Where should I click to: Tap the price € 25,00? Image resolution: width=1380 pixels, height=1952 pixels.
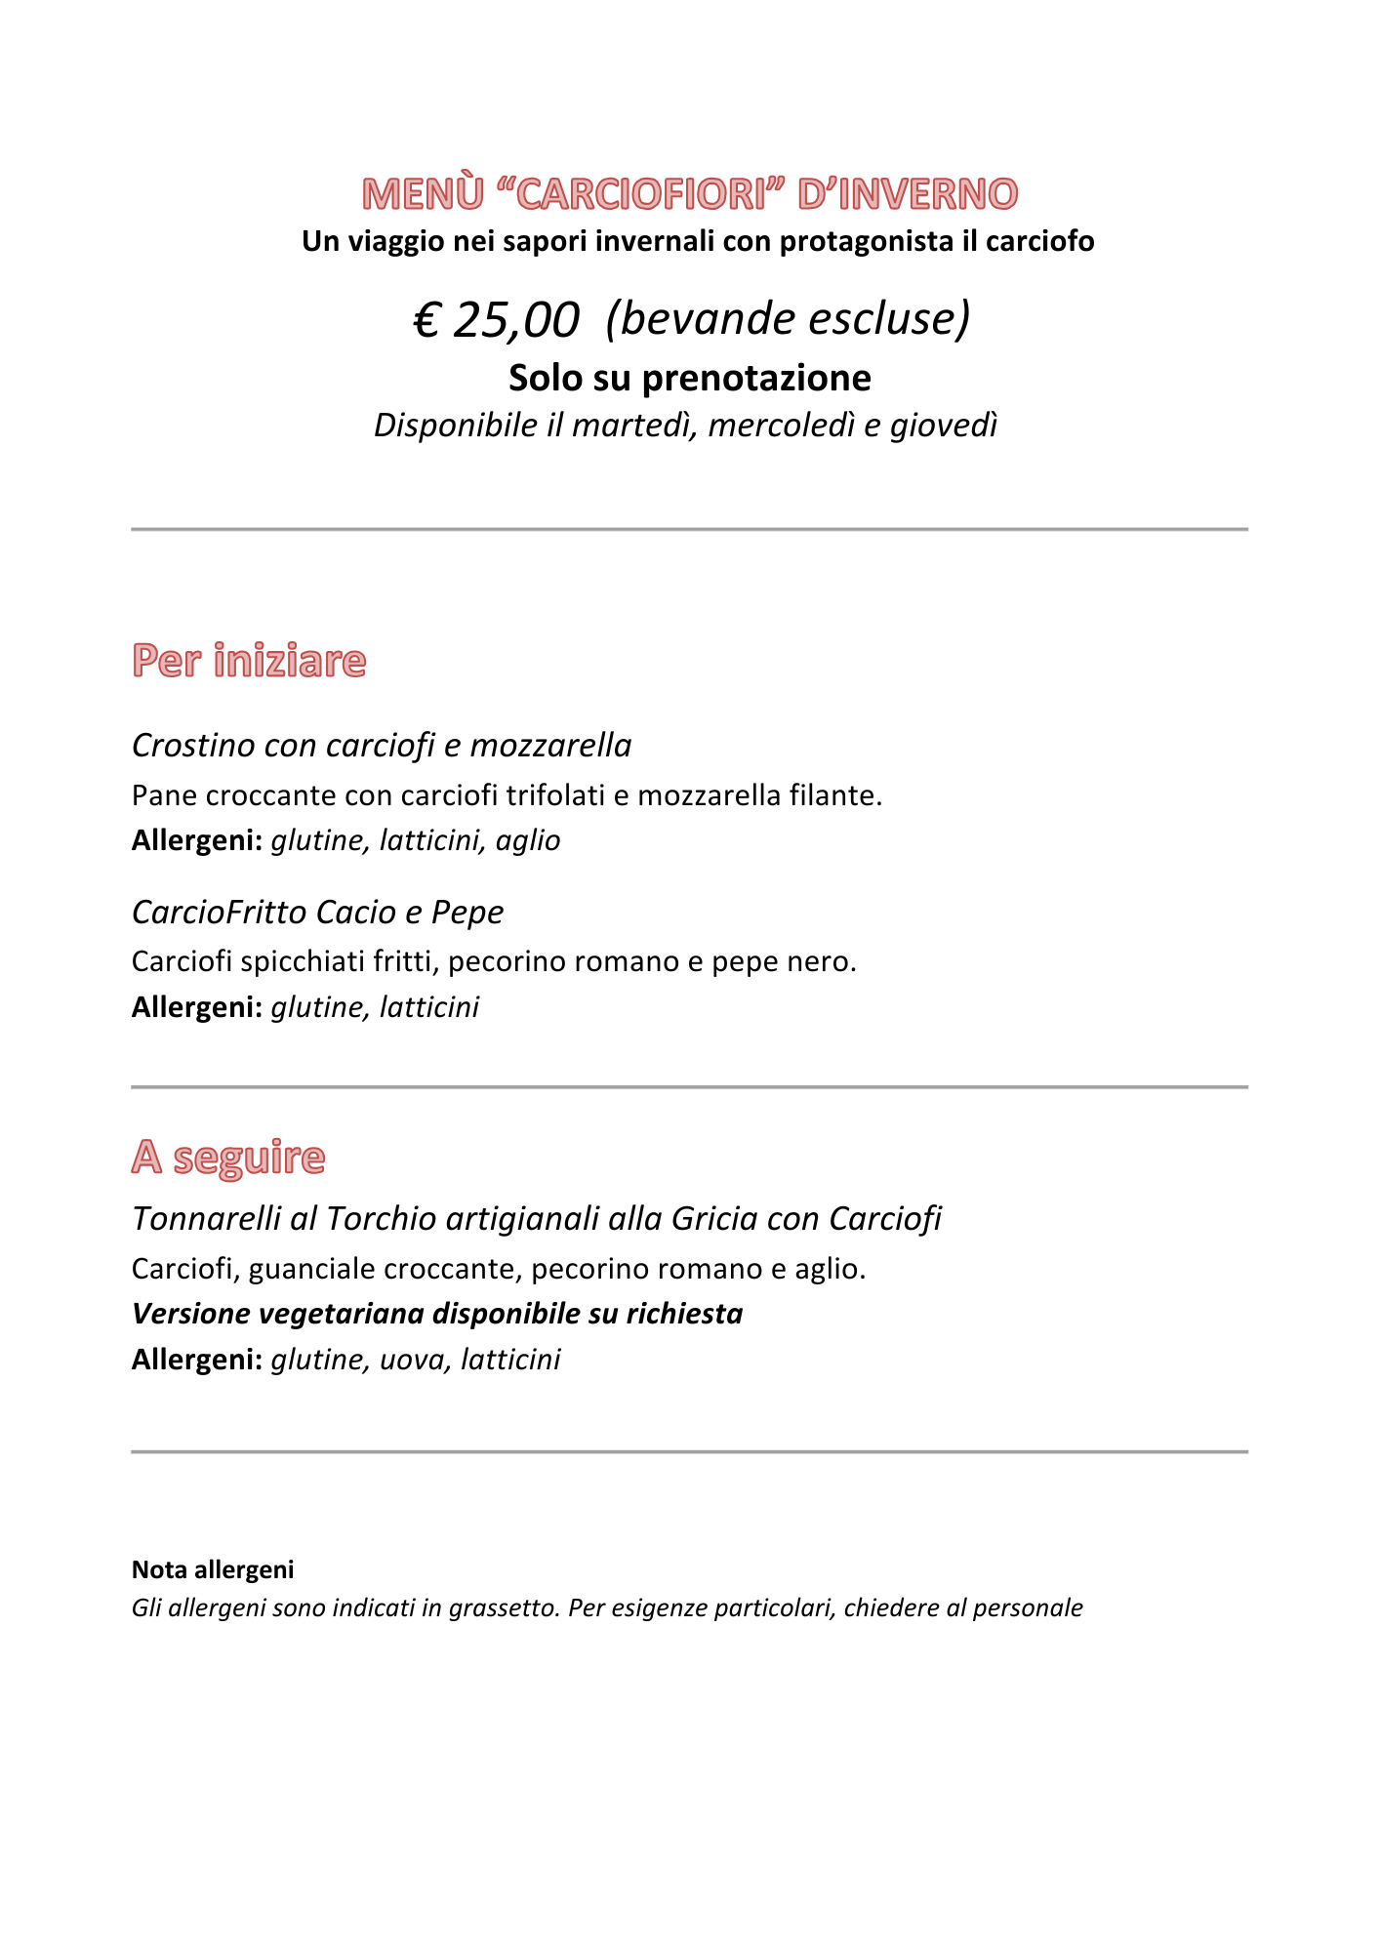tap(496, 319)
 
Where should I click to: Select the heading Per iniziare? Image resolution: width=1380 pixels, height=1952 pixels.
tap(249, 661)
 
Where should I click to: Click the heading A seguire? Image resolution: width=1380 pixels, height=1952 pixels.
tap(228, 1158)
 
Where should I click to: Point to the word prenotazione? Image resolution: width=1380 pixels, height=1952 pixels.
tap(756, 379)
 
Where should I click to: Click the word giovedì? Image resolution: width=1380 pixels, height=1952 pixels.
tap(943, 426)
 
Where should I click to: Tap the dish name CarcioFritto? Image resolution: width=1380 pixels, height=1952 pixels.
tap(220, 913)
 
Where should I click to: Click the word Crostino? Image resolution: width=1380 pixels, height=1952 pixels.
tap(193, 746)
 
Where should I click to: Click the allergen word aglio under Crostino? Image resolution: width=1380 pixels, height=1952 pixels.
tap(528, 841)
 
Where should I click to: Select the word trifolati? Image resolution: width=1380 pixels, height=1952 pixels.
tap(555, 796)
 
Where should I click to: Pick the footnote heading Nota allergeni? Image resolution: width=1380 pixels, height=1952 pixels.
tap(213, 1569)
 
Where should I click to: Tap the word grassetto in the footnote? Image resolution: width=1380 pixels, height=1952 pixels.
tap(505, 1607)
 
